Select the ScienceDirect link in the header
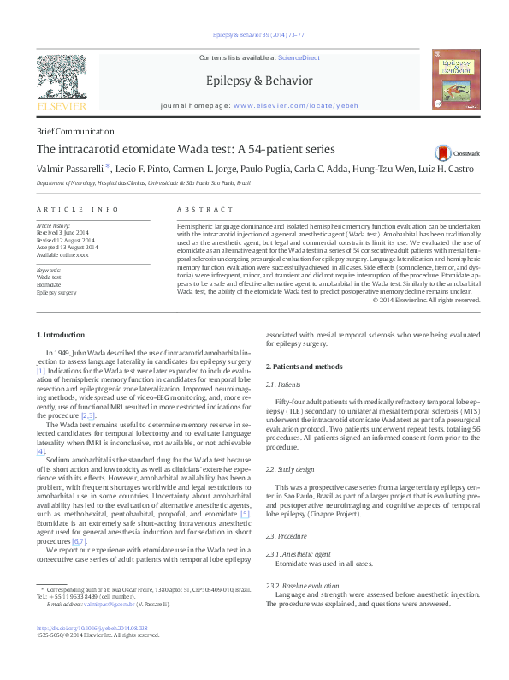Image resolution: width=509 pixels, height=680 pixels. (x=299, y=57)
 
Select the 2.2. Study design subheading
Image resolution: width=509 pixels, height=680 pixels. (x=290, y=469)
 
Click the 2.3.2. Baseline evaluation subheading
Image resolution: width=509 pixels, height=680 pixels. (x=302, y=586)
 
